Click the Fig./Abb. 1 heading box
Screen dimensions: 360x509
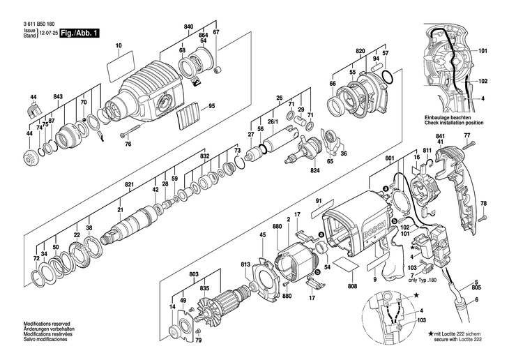(x=80, y=33)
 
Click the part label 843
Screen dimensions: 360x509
(x=58, y=96)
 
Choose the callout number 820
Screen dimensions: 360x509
(x=360, y=52)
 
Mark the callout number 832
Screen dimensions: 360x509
(x=204, y=158)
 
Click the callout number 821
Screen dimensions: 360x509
(x=128, y=185)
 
